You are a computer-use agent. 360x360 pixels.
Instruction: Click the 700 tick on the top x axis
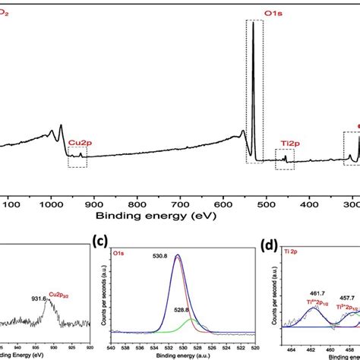click(179, 204)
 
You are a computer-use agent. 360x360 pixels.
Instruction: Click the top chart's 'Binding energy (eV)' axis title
click(180, 216)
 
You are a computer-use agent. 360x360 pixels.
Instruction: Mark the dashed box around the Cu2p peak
click(77, 157)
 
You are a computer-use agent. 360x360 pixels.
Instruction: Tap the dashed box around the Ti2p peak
click(286, 156)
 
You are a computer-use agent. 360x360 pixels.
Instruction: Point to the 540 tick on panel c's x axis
click(112, 339)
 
